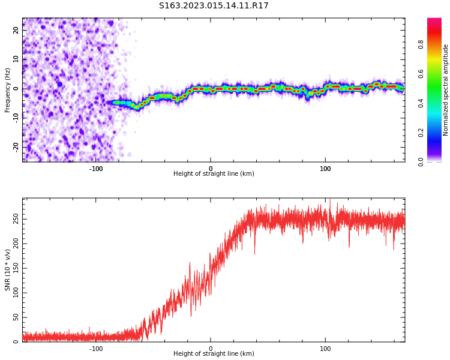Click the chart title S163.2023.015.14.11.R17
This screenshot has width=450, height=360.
click(x=214, y=6)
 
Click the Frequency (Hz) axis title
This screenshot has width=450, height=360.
click(x=8, y=90)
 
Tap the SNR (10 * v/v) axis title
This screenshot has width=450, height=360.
click(x=8, y=269)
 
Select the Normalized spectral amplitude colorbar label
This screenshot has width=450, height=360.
click(x=446, y=90)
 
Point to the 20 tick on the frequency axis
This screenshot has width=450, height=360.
click(x=16, y=30)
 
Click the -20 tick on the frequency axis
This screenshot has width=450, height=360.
click(x=16, y=146)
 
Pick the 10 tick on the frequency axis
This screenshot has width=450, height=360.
click(x=16, y=59)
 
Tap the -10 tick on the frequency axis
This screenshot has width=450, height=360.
click(x=16, y=118)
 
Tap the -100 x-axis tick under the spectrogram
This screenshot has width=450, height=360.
click(x=96, y=169)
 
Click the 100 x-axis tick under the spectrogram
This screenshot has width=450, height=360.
click(x=325, y=169)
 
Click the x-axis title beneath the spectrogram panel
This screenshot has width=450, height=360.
click(x=214, y=174)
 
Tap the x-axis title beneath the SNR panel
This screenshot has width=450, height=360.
click(x=214, y=354)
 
